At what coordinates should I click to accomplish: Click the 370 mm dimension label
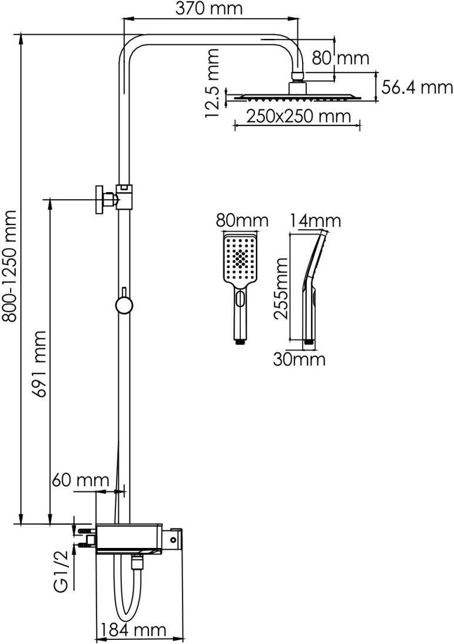[209, 8]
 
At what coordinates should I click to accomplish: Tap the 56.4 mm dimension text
[417, 87]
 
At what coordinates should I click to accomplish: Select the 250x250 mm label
[299, 116]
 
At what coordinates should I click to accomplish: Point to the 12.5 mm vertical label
[212, 84]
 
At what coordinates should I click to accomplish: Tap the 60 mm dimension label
[81, 480]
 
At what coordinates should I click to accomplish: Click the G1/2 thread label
[61, 577]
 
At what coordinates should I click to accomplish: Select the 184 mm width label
[134, 630]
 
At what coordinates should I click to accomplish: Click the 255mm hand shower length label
[281, 289]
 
